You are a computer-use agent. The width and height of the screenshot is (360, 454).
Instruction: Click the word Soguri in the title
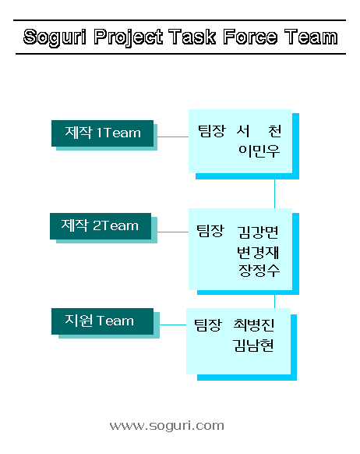55,37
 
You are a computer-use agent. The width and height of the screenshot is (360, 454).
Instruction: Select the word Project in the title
128,37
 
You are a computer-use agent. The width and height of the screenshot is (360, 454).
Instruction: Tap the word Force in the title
250,37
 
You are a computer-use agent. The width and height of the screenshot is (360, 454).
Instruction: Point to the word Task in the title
192,37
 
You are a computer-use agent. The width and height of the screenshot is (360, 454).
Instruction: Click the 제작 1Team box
102,133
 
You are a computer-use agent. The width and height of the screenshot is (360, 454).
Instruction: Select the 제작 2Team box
101,226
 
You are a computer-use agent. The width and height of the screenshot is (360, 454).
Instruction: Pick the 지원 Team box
102,321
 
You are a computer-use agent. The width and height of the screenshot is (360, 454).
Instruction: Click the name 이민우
259,151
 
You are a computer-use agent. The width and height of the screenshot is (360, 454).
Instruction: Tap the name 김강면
258,232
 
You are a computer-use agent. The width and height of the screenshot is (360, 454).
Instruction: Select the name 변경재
258,252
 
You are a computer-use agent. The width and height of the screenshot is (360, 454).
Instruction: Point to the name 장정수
259,271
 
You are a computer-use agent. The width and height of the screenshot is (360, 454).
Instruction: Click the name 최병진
253,325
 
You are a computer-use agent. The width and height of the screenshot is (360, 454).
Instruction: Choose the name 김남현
253,345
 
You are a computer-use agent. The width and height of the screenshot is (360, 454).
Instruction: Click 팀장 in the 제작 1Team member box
212,131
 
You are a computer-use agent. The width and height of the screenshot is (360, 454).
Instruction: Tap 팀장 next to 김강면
210,231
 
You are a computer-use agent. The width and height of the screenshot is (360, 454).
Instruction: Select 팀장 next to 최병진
208,325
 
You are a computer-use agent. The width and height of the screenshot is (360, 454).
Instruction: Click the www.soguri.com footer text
167,426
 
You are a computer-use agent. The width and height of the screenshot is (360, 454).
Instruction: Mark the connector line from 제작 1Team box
173,137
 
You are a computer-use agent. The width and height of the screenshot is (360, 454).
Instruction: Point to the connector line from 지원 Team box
173,325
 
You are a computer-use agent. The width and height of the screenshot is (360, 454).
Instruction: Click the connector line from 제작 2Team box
173,232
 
